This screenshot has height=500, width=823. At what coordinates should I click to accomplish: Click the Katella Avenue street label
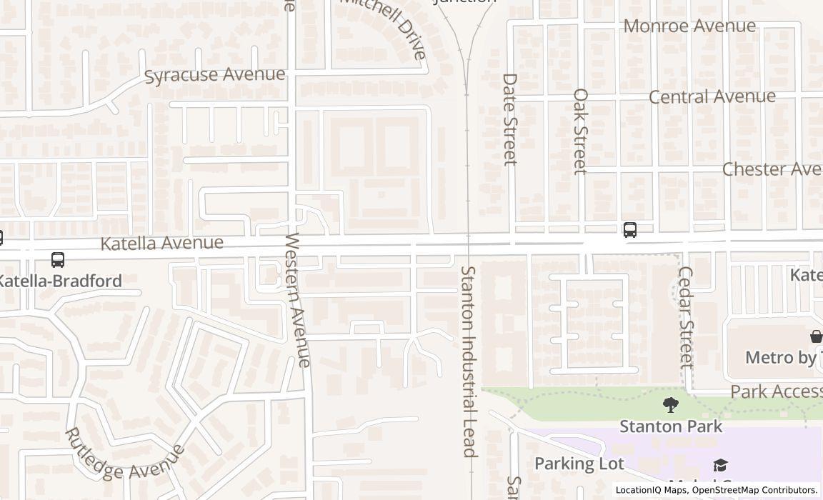(x=161, y=243)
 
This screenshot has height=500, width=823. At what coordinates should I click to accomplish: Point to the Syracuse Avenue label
(x=214, y=75)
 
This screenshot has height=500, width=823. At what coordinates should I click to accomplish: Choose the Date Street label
(x=509, y=119)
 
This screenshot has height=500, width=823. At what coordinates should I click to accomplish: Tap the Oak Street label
(x=580, y=131)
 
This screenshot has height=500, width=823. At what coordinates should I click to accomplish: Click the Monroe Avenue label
(x=689, y=26)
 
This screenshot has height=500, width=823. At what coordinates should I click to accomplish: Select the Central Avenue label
(x=712, y=96)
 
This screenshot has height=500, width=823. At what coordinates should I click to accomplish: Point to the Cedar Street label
(x=686, y=317)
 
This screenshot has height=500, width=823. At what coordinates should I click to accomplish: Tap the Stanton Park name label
(x=671, y=426)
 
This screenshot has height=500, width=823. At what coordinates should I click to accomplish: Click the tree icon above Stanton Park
(x=670, y=406)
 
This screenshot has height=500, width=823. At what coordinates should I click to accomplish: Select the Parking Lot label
(x=579, y=464)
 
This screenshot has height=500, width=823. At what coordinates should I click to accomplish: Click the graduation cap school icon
(x=720, y=466)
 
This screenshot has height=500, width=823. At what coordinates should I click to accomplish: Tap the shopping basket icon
(x=816, y=336)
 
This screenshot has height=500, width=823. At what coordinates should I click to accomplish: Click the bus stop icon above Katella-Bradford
(x=58, y=260)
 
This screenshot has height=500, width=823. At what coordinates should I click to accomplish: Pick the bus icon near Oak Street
(x=629, y=229)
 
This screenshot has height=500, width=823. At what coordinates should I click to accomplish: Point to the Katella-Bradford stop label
(x=60, y=281)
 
